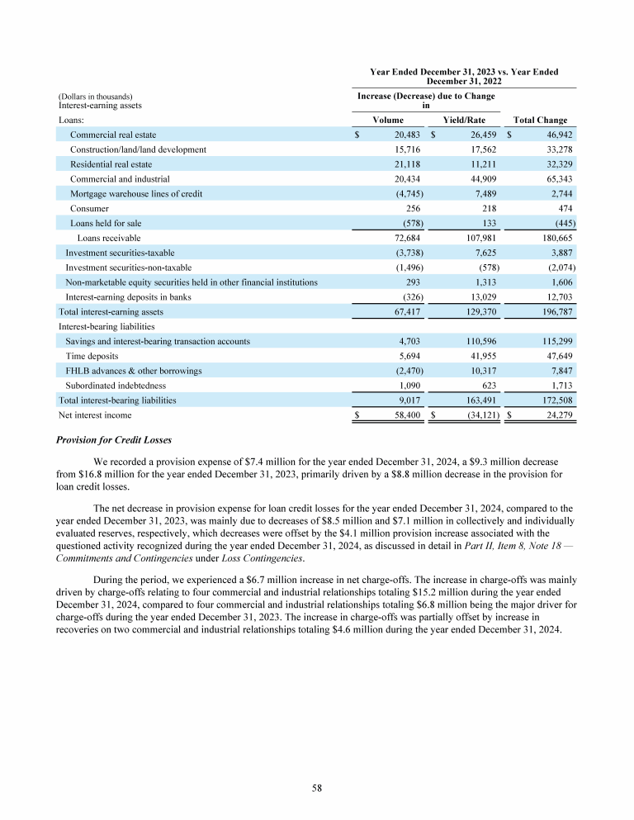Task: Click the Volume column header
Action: click(388, 121)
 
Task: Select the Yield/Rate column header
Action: click(464, 121)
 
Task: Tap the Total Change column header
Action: click(540, 121)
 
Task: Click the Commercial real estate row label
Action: click(113, 135)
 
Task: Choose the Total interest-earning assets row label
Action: click(111, 312)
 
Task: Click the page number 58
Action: click(317, 789)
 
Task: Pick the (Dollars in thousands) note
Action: click(96, 97)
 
